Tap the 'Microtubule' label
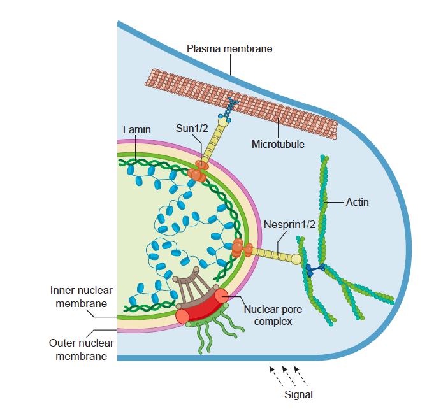tap(278, 145)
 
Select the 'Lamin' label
tap(136, 129)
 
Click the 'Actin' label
tap(357, 203)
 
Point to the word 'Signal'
tap(298, 394)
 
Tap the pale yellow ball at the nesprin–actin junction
tap(296, 259)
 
